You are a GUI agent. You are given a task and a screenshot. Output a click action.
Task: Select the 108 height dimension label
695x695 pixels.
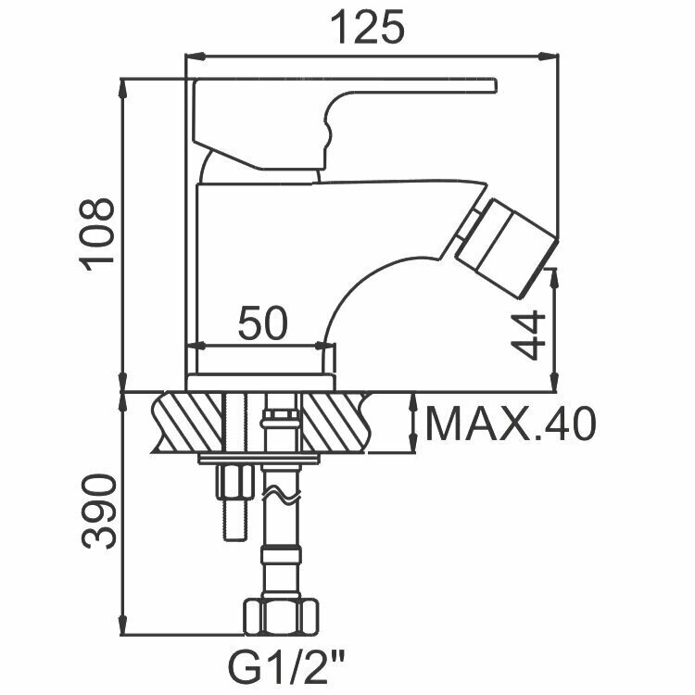[x=96, y=233]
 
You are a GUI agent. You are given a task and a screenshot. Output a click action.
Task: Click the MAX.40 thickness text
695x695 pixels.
[x=509, y=424]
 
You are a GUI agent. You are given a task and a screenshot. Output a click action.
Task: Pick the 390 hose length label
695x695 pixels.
[x=96, y=512]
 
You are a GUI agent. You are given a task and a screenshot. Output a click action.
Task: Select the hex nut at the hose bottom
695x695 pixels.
[x=281, y=615]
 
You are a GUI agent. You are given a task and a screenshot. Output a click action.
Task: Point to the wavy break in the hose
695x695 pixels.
[x=281, y=500]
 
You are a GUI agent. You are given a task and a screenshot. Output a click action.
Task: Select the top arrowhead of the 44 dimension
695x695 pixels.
[x=554, y=272]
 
